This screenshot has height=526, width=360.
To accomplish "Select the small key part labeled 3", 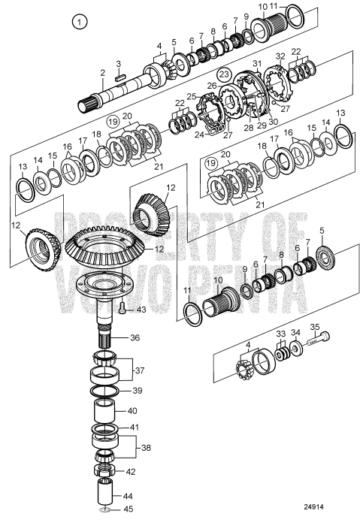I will pos(119,76).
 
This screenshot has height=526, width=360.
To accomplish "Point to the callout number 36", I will pos(136,337).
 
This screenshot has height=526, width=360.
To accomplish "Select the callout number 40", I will pos(132,411).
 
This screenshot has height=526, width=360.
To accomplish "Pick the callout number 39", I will pos(135,390).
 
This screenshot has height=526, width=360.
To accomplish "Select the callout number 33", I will pos(280,332).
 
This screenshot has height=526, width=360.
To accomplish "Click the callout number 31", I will pos(256,63).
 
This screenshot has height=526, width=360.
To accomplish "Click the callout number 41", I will pos(134,428).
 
